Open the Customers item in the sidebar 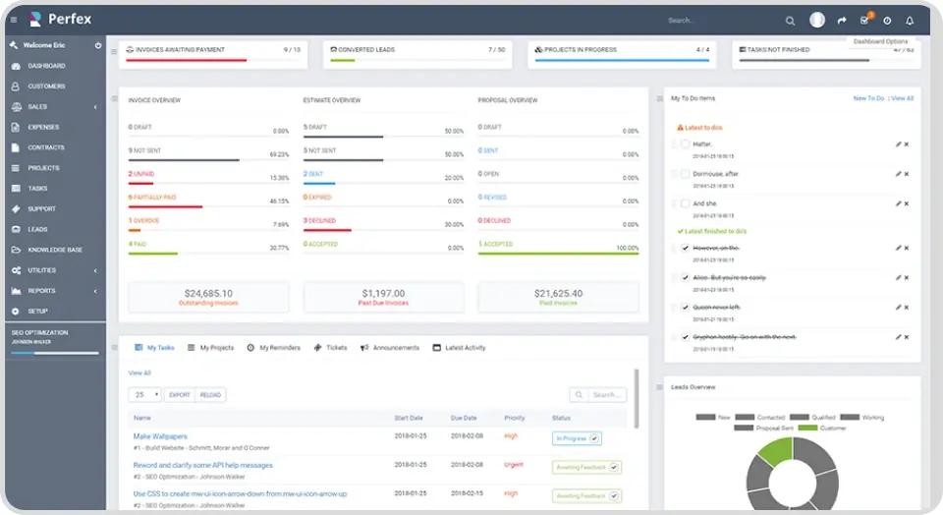point(46,86)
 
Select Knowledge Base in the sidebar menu point(54,250)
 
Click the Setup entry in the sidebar point(37,311)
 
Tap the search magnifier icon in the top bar point(791,21)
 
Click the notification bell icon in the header point(910,21)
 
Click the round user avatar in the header point(817,20)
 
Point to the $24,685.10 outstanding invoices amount point(208,293)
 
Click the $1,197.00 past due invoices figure point(383,293)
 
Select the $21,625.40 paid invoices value point(558,293)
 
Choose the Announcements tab point(395,348)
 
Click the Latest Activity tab point(465,348)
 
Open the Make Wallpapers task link point(160,436)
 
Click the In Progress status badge point(577,438)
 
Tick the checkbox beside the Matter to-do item point(685,144)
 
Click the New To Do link point(868,98)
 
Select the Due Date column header point(464,418)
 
